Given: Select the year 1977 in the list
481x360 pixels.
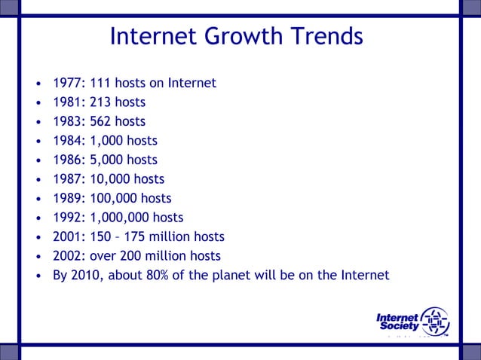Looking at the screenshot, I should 66,83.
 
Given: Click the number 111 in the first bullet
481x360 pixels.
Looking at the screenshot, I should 100,83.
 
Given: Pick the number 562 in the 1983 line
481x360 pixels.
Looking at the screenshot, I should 100,121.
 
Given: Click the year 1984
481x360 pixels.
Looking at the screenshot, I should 66,141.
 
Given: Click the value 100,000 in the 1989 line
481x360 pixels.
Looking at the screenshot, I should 115,199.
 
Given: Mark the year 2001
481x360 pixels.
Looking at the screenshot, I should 66,237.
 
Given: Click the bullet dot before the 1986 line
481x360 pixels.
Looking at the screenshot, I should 38,160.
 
